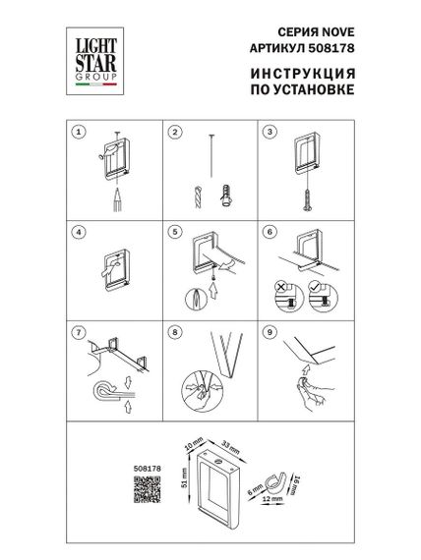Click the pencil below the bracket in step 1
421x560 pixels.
(x=116, y=196)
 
